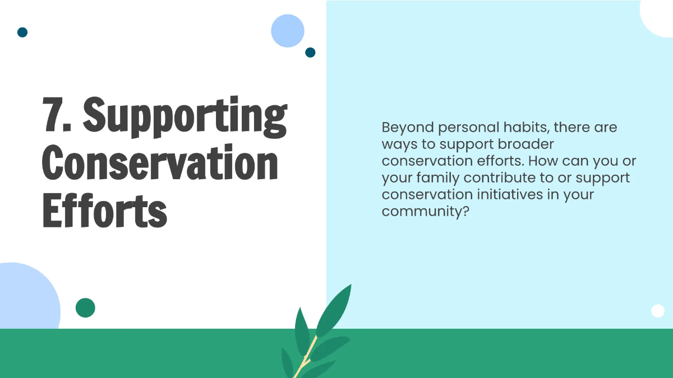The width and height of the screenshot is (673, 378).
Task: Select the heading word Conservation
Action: click(160, 162)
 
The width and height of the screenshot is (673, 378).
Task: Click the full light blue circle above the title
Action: click(288, 31)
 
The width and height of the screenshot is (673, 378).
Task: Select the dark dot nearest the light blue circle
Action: click(310, 53)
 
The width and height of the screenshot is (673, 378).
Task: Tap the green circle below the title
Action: click(85, 307)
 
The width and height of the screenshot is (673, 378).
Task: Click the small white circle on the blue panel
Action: click(658, 311)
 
